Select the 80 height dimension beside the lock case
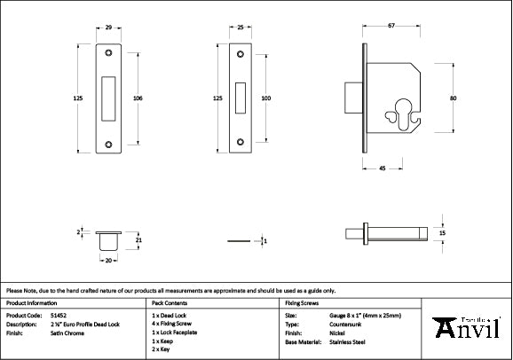pos(453,98)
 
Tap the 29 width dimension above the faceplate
pos(108,29)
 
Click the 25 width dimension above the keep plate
pos(241,29)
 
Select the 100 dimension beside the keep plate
pos(265,98)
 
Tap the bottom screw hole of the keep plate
pos(241,141)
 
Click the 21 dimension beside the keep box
pos(138,239)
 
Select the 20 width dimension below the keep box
pos(108,261)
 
